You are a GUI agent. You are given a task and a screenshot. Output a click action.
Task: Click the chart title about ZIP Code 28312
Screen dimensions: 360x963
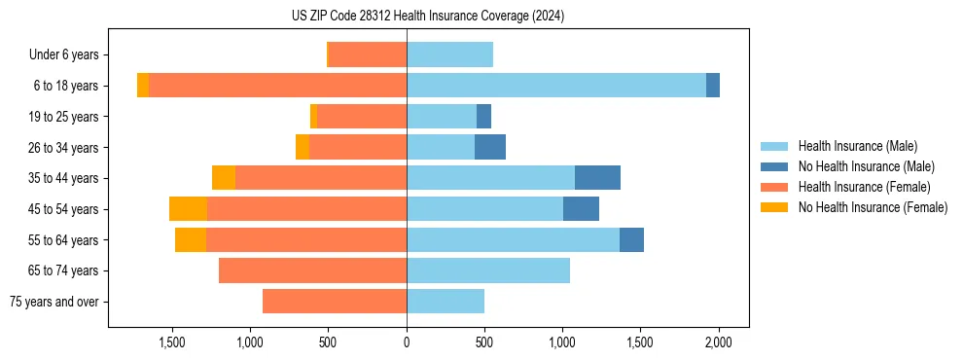(x=428, y=16)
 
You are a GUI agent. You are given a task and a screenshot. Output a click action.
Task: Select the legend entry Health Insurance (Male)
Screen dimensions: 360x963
(x=857, y=146)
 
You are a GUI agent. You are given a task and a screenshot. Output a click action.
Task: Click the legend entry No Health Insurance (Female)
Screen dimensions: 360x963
(x=873, y=207)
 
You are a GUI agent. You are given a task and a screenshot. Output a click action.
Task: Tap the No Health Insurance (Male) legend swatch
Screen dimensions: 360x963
(x=775, y=166)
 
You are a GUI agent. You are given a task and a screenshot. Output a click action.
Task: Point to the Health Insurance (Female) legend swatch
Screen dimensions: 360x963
(x=775, y=187)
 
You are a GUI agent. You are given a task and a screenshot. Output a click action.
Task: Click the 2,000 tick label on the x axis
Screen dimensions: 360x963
(x=718, y=343)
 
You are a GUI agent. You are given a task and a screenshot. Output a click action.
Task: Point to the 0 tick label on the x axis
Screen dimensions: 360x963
(x=407, y=343)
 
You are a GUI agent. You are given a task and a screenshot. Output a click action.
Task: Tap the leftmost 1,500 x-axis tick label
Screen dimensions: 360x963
(x=172, y=343)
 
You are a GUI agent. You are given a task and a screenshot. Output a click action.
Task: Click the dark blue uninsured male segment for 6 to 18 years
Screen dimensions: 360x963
(x=713, y=86)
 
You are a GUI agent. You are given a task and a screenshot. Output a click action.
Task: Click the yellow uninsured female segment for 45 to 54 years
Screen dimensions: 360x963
(x=188, y=209)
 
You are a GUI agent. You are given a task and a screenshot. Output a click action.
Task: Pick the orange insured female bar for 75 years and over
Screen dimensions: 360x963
(x=335, y=302)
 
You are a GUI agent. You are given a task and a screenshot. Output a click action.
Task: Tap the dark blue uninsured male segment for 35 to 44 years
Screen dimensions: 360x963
(x=597, y=178)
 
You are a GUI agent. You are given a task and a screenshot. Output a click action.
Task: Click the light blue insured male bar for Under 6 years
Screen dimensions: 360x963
(x=449, y=55)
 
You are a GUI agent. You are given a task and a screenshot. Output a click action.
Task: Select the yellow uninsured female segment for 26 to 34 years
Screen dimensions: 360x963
(x=303, y=147)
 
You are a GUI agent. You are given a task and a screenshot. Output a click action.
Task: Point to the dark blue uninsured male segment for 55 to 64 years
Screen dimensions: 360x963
(x=631, y=239)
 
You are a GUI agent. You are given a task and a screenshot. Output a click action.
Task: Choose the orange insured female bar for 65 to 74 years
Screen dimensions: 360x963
(x=312, y=270)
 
